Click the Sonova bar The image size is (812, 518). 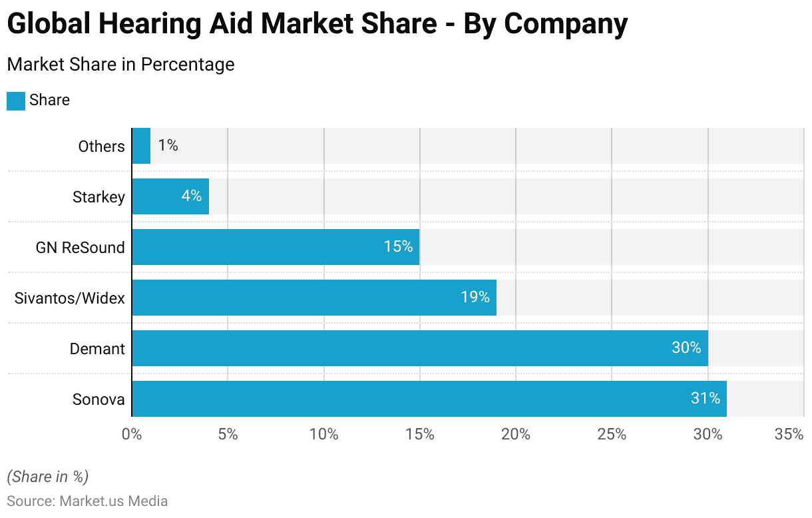coord(429,399)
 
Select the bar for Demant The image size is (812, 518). coord(419,348)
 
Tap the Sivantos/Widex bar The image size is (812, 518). coord(314,298)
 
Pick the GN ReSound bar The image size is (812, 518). coord(276,247)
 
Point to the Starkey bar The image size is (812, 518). coord(170,196)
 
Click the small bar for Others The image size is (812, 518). coord(141,146)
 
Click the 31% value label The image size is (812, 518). coord(706,398)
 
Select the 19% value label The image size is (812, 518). coord(475,297)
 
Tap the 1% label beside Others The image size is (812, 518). coord(168,145)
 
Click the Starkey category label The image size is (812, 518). coord(99,197)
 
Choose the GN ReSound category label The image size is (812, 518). coord(80,248)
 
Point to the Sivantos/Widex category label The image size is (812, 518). coord(69,298)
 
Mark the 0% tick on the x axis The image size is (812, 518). coord(132,435)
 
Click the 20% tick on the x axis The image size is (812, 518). coord(516,435)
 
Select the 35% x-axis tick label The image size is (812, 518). coord(789,435)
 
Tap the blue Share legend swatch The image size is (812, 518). coord(16,101)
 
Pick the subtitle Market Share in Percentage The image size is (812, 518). coord(120,65)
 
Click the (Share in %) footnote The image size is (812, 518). coord(47,477)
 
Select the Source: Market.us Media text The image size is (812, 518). coord(87,501)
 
